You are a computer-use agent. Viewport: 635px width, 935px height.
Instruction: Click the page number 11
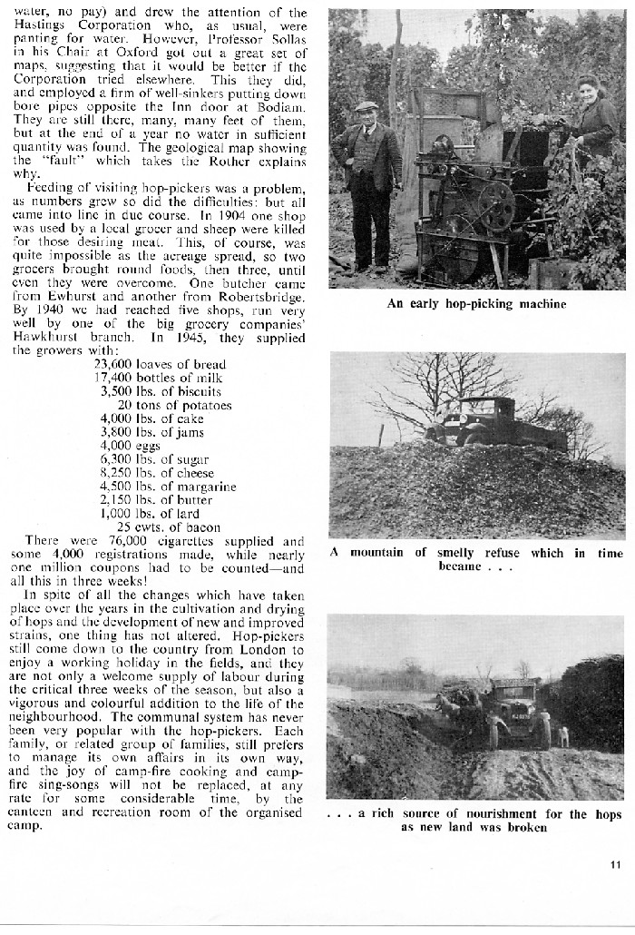coord(616,863)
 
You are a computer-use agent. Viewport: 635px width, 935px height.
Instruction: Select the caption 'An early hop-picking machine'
coord(476,304)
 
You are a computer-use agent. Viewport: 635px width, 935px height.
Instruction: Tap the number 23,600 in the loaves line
coord(115,365)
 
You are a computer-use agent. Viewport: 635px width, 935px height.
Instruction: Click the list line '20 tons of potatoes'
coord(174,405)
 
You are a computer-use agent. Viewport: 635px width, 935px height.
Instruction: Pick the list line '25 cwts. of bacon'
coord(169,527)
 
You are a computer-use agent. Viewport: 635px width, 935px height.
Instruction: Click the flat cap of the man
coord(366,106)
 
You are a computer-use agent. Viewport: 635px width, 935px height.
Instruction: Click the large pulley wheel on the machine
coord(497,207)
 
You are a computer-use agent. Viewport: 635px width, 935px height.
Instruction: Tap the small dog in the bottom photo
coord(563,735)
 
